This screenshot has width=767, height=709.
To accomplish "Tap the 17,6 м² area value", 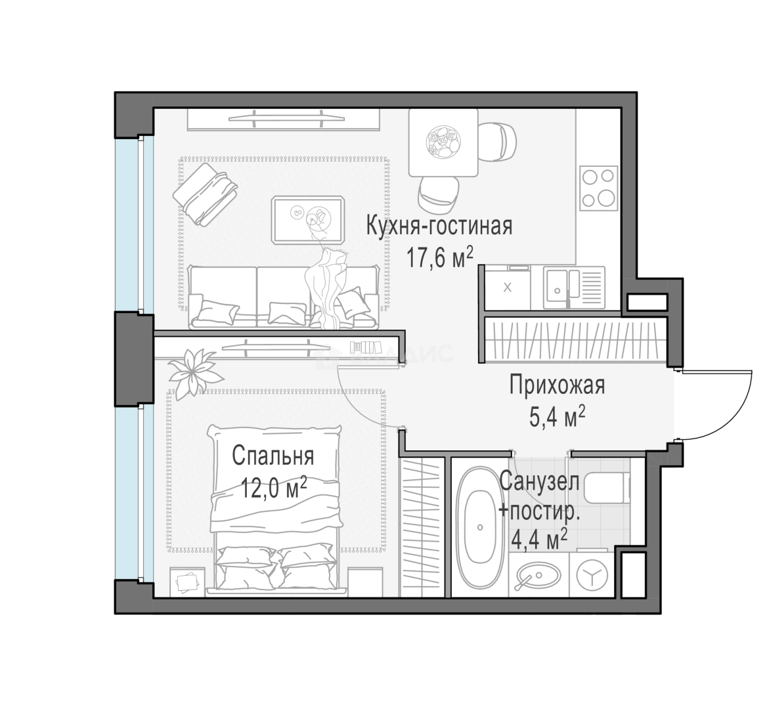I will (x=439, y=258).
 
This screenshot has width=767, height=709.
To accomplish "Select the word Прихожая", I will (x=557, y=385).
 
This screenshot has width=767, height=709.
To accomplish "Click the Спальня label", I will (x=273, y=455).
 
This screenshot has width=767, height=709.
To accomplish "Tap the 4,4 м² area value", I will (x=539, y=540).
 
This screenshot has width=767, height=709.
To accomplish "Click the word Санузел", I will (x=539, y=482).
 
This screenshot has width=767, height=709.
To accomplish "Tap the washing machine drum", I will (x=592, y=575).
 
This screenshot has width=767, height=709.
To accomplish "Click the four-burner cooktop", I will (x=598, y=188).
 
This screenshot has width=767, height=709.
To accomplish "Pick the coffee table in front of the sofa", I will (x=308, y=219).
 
